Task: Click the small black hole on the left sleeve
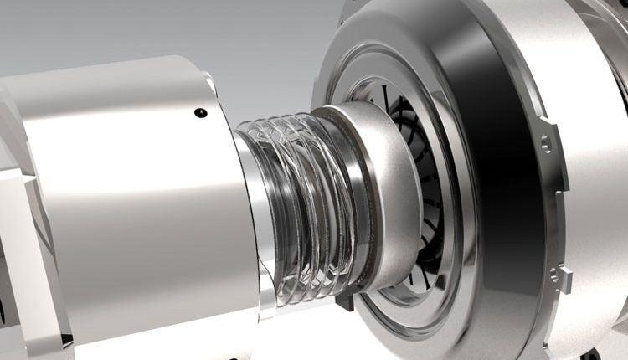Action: click(198, 113)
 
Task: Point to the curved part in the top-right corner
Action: click(611, 17)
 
